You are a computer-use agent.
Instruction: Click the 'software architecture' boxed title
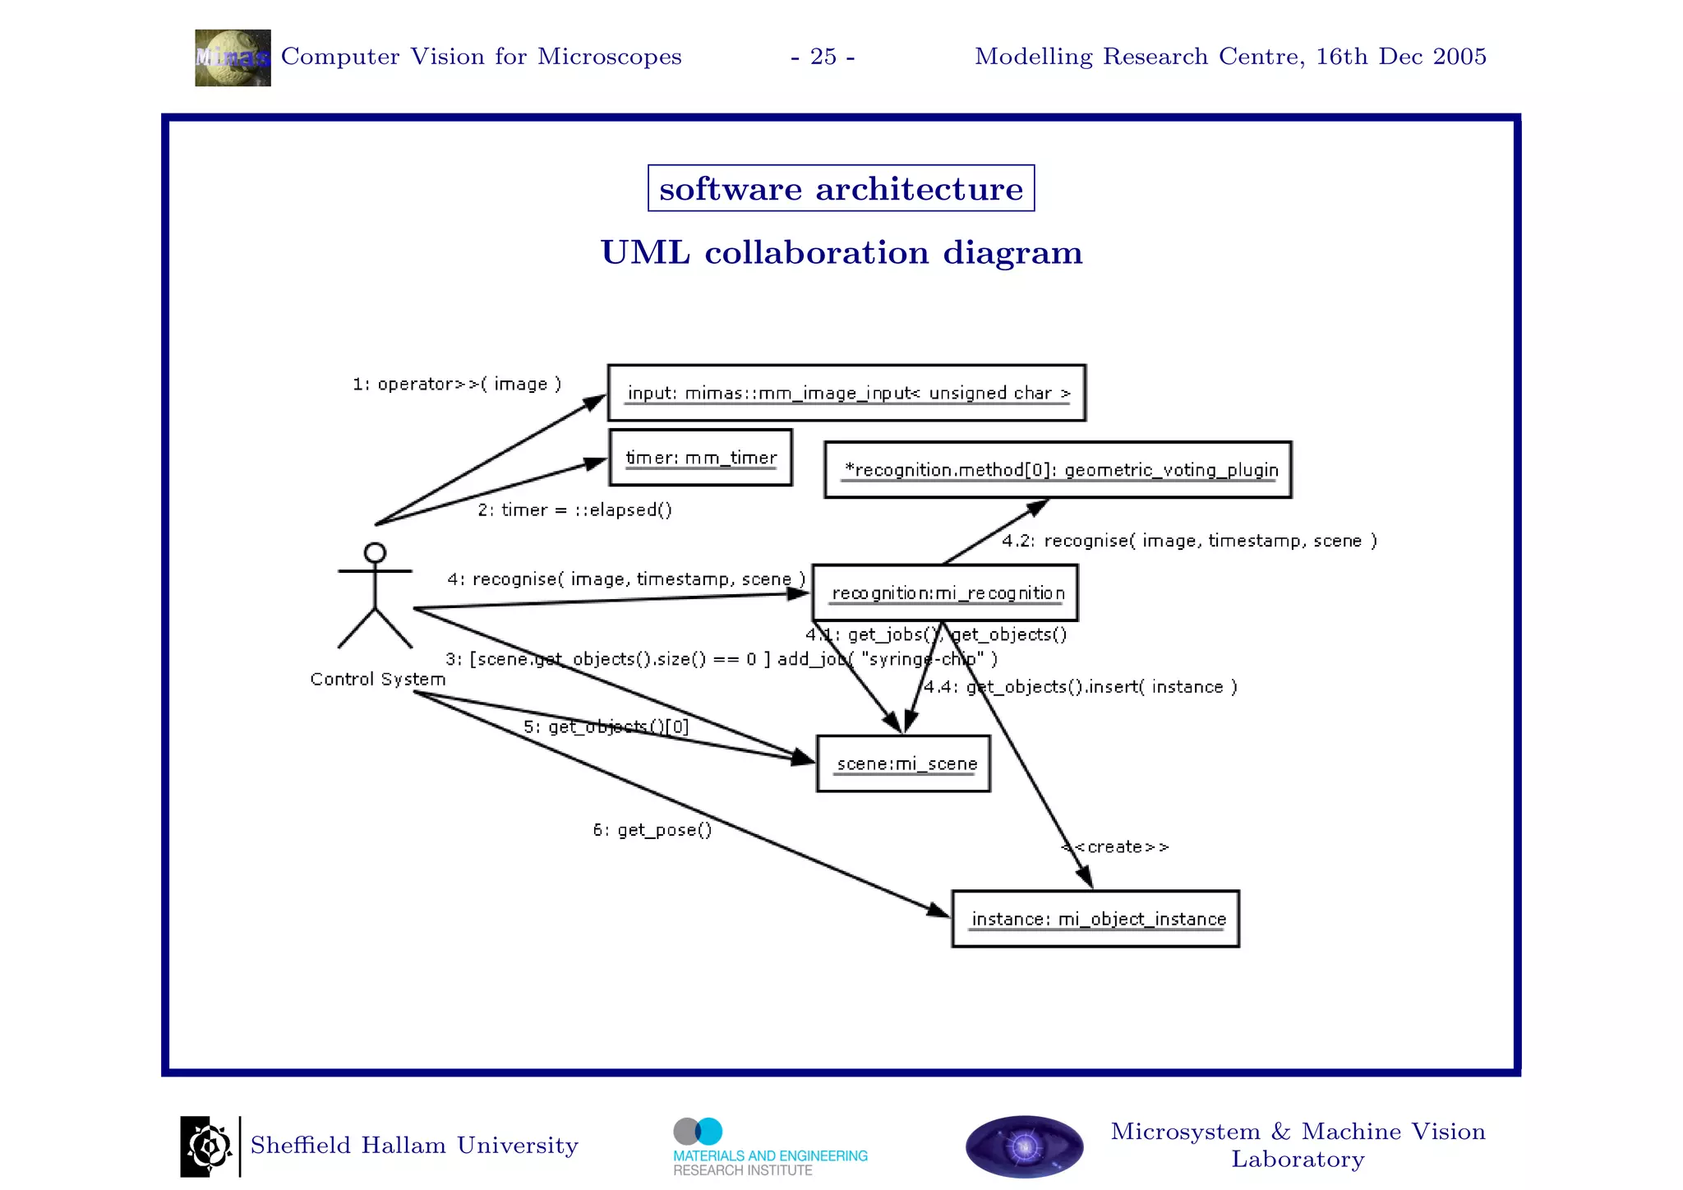841,189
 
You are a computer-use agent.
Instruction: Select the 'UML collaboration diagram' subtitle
841,252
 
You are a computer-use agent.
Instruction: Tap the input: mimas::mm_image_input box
846,393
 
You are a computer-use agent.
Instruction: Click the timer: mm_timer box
700,458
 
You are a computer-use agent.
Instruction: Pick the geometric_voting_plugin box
1058,470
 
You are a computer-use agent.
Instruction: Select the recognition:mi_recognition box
945,593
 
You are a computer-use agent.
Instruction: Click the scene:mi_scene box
903,763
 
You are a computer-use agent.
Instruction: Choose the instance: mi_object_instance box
1095,919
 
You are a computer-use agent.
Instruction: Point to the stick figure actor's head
375,552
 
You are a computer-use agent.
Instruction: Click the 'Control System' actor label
377,679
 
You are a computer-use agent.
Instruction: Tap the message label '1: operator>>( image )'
457,384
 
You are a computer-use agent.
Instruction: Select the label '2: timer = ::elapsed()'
574,510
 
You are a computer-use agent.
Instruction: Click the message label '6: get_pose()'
652,830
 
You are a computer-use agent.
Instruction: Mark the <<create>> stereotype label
1115,846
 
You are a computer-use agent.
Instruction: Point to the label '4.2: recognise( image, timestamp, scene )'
1188,541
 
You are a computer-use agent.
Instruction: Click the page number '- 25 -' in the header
823,57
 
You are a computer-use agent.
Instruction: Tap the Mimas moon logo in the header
233,58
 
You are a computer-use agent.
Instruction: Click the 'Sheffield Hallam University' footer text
414,1146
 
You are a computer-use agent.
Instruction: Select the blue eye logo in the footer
1024,1146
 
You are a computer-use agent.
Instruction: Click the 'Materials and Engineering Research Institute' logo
769,1147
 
